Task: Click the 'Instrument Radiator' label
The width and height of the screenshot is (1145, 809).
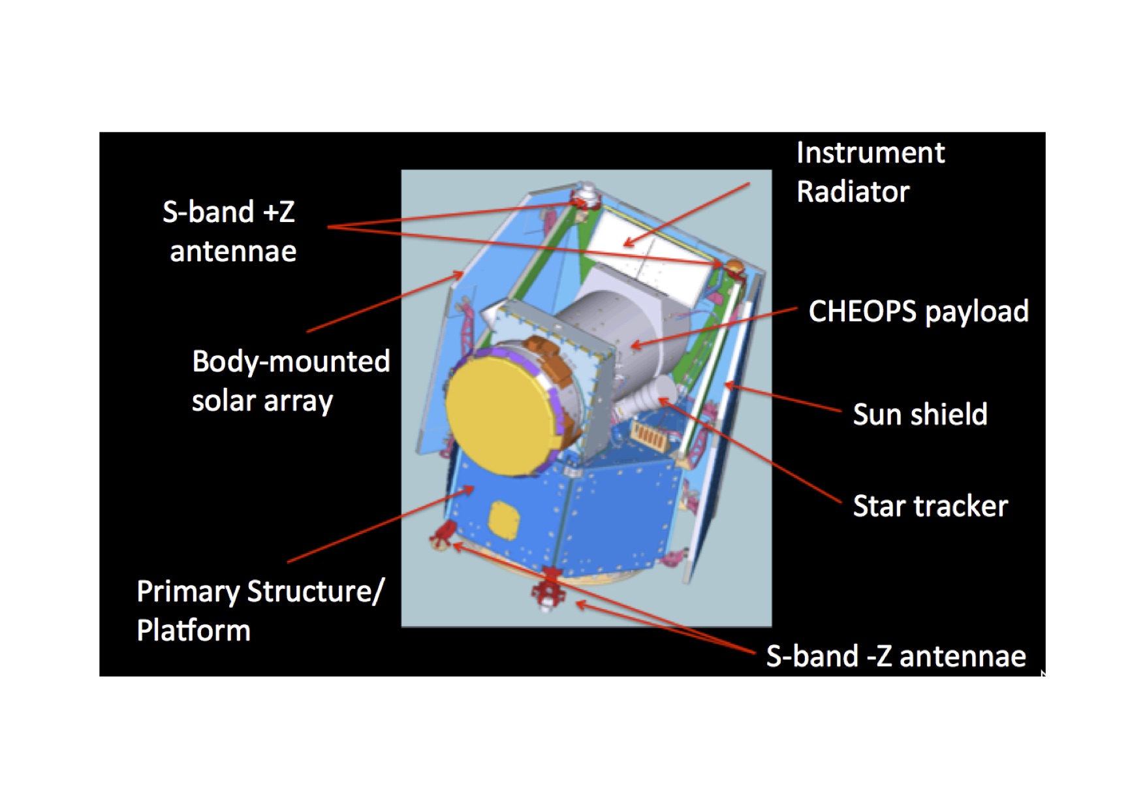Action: [x=870, y=172]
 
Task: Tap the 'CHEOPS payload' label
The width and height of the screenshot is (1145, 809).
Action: [x=918, y=311]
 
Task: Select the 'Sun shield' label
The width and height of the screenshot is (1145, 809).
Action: [x=920, y=414]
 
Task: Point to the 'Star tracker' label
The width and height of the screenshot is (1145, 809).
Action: [x=930, y=506]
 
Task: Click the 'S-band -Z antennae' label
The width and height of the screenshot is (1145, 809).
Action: [x=896, y=656]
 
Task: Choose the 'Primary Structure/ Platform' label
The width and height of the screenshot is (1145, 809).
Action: [x=260, y=611]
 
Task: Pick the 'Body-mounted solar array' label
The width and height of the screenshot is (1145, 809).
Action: [x=290, y=381]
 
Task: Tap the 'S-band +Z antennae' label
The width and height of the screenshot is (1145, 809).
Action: [x=230, y=231]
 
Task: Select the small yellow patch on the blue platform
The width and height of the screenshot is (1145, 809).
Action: [x=504, y=520]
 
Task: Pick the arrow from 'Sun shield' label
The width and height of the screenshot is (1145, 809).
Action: [x=783, y=398]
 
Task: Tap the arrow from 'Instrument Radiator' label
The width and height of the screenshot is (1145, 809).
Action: [x=686, y=215]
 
